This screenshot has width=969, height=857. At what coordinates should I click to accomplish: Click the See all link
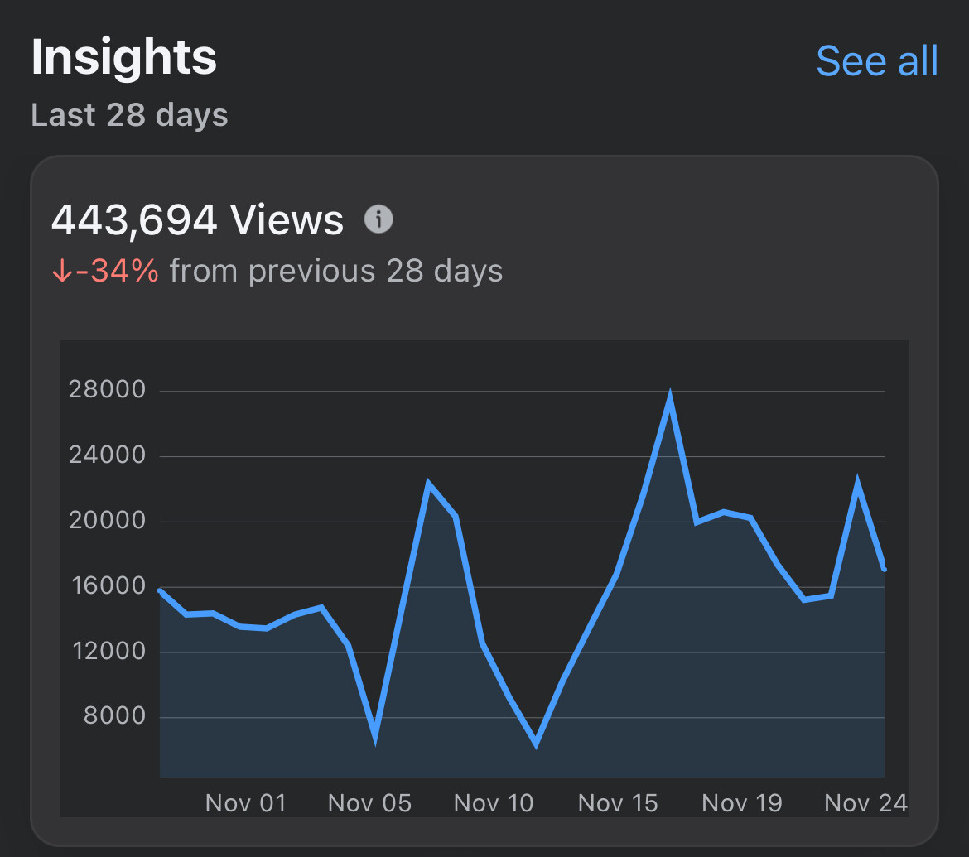tap(877, 61)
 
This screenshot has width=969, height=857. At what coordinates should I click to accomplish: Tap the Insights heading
tap(124, 58)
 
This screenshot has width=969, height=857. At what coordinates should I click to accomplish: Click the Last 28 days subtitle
tap(129, 114)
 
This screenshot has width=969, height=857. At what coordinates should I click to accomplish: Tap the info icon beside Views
tap(379, 219)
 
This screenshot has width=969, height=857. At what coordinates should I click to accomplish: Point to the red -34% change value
tap(116, 271)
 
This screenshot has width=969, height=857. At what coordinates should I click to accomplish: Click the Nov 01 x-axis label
tap(245, 802)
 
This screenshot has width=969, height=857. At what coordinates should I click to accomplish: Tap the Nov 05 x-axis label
tap(369, 802)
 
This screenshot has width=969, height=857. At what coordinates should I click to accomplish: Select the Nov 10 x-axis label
tap(494, 802)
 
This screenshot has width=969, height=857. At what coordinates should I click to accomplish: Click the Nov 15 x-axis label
tap(618, 802)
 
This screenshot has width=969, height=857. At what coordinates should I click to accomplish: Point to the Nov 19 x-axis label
tap(742, 802)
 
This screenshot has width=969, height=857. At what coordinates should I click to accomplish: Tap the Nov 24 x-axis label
tap(866, 802)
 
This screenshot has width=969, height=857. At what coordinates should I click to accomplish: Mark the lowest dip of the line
tap(536, 741)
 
